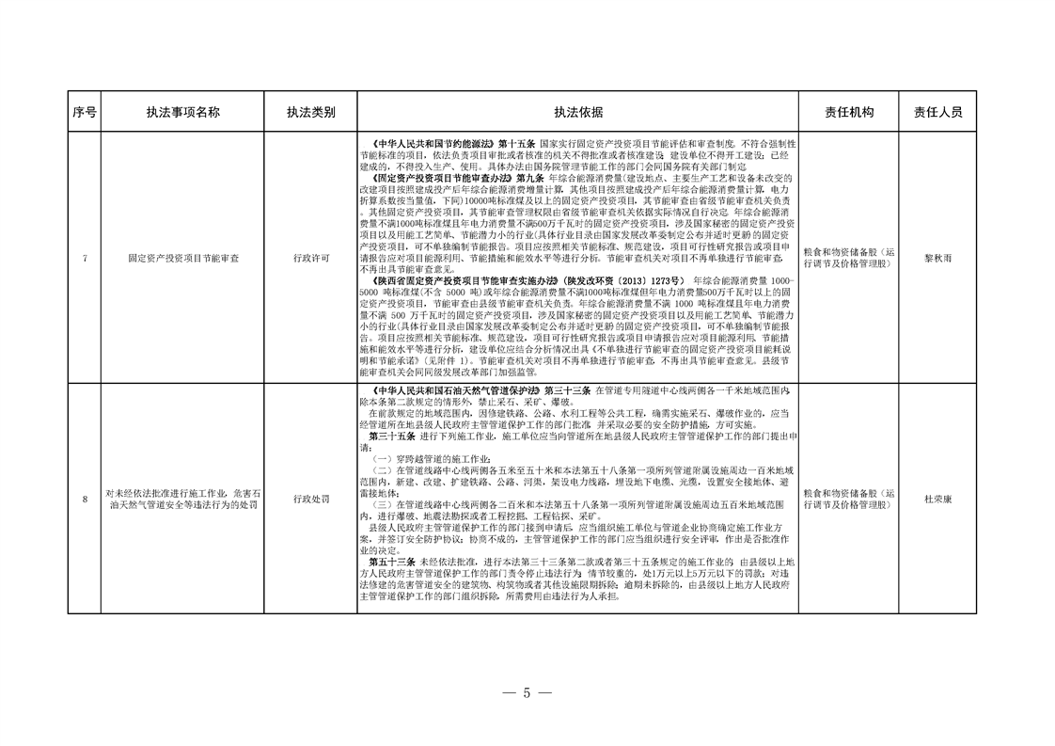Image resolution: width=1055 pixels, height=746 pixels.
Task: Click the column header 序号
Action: [x=84, y=112]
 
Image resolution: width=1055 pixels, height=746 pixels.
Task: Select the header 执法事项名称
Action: [x=182, y=112]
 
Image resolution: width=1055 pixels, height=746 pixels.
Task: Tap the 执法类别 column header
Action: [x=311, y=112]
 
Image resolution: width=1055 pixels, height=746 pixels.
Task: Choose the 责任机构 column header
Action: [x=848, y=112]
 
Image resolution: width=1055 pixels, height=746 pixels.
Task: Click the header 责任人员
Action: [x=937, y=112]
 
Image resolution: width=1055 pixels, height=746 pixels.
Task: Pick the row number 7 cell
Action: [x=84, y=257]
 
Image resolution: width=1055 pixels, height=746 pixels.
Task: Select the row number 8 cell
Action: [x=84, y=499]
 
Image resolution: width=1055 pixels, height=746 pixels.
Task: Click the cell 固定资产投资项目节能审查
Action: [x=183, y=257]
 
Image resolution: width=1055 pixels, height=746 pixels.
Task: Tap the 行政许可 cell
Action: [x=311, y=257]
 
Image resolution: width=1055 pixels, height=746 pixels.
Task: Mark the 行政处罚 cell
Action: [x=311, y=499]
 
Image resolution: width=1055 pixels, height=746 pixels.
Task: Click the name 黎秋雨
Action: [x=937, y=257]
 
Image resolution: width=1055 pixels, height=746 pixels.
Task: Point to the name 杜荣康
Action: [x=937, y=499]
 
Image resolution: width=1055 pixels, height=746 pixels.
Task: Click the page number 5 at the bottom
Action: [x=527, y=693]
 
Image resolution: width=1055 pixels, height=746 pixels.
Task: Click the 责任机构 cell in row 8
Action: [x=848, y=499]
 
